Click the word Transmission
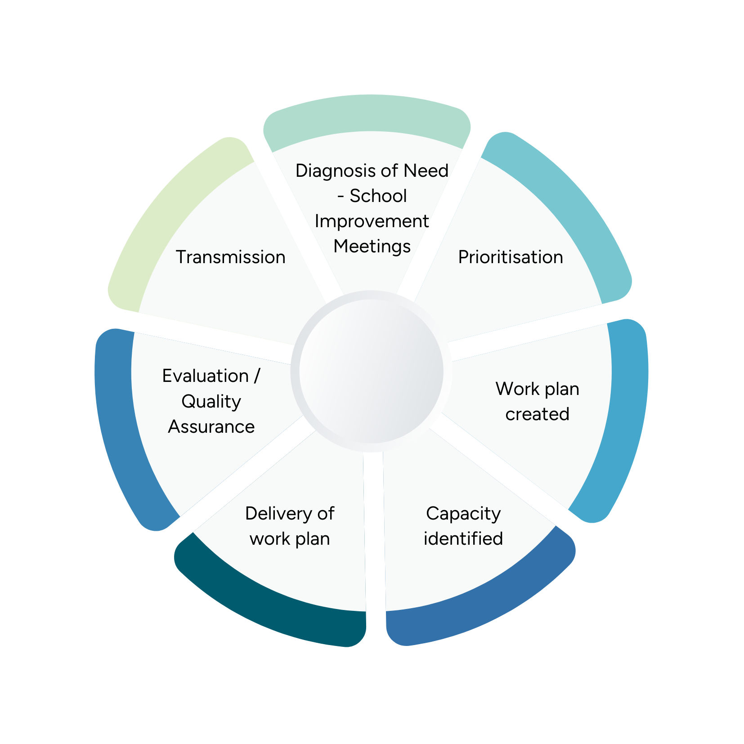(230, 257)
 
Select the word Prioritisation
(510, 257)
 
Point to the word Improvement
(372, 221)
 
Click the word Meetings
(372, 247)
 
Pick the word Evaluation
(205, 376)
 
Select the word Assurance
(211, 426)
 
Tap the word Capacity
(463, 514)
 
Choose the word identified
(463, 538)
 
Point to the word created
(537, 414)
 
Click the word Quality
(211, 401)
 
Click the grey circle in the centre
(372, 371)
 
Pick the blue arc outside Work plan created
(625, 418)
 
